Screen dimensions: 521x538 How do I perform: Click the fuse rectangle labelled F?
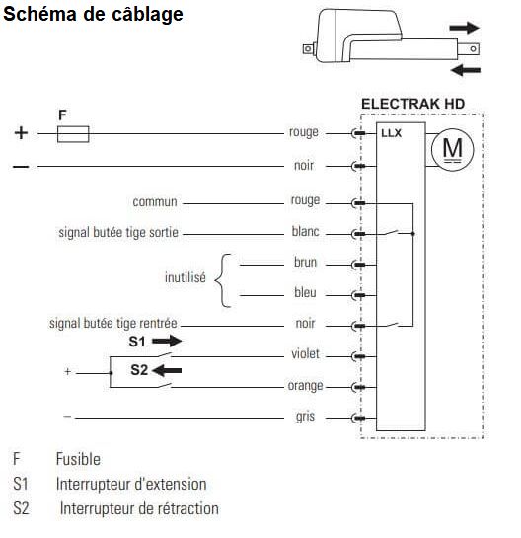pos(73,134)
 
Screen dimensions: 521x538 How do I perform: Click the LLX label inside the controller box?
pos(391,133)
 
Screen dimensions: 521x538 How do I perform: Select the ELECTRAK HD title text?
pos(413,104)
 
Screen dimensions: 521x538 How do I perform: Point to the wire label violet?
pos(305,353)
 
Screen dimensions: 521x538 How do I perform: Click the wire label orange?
pos(305,386)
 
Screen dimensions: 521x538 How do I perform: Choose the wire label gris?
pos(305,417)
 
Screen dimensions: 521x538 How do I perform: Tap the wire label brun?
pos(305,262)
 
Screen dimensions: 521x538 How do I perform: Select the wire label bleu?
pos(305,292)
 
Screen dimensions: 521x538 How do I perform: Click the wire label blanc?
pos(305,231)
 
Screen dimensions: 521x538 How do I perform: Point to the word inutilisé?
pos(186,277)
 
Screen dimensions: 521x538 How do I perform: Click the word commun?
pos(155,201)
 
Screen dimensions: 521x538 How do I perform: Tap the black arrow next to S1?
pos(167,341)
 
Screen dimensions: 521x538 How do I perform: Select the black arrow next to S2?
pos(167,370)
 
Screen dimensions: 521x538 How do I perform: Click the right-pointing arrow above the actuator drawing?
pos(464,28)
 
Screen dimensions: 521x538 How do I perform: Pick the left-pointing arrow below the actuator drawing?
pos(466,70)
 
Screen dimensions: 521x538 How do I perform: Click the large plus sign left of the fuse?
pos(21,133)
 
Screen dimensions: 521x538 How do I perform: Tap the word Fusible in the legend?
pos(78,459)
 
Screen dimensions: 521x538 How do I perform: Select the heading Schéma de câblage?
pos(93,14)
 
